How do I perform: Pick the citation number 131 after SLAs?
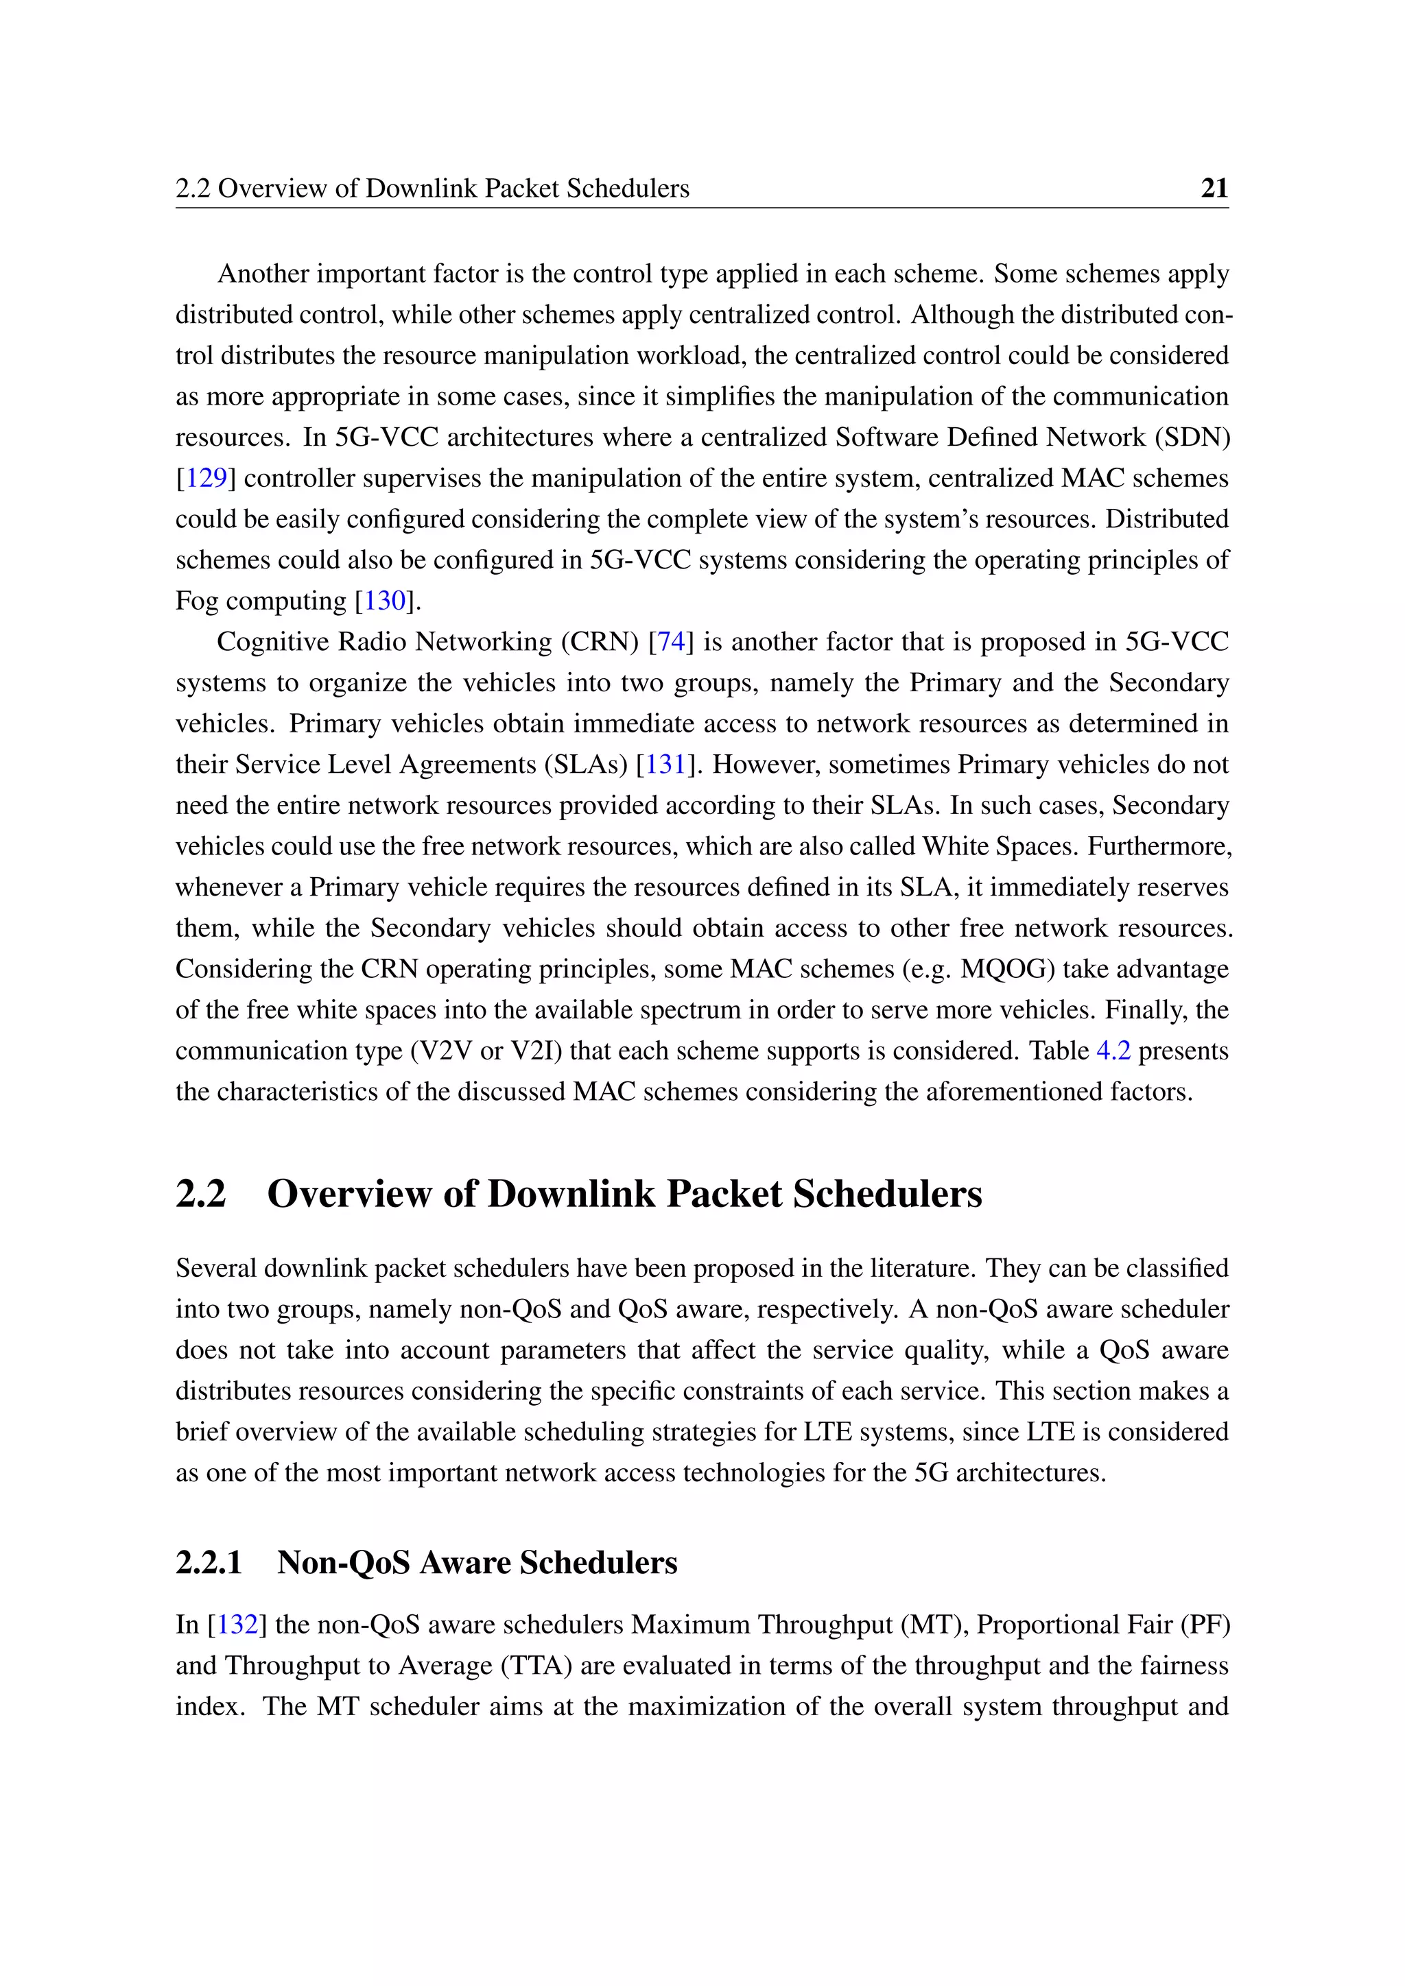(x=665, y=765)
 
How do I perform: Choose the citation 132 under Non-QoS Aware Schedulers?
(x=237, y=1625)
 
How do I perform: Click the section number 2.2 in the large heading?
(x=201, y=1195)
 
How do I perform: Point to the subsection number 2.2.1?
(x=209, y=1563)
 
